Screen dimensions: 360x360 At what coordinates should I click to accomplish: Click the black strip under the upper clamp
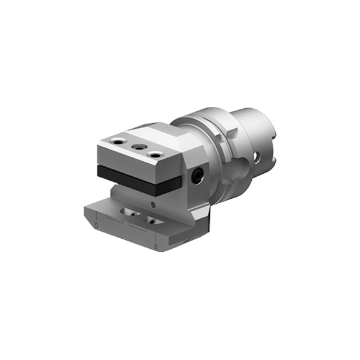137,177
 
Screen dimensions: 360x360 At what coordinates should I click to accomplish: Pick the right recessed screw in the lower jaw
152,220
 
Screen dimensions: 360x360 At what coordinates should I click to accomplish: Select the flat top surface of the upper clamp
147,139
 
